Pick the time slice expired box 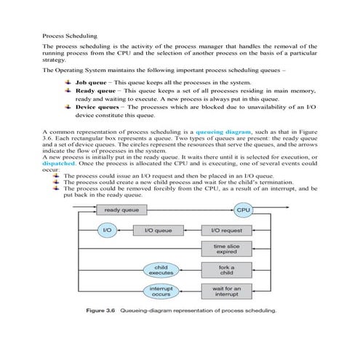pos(225,250)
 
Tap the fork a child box pos(225,271)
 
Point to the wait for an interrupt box pos(225,292)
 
